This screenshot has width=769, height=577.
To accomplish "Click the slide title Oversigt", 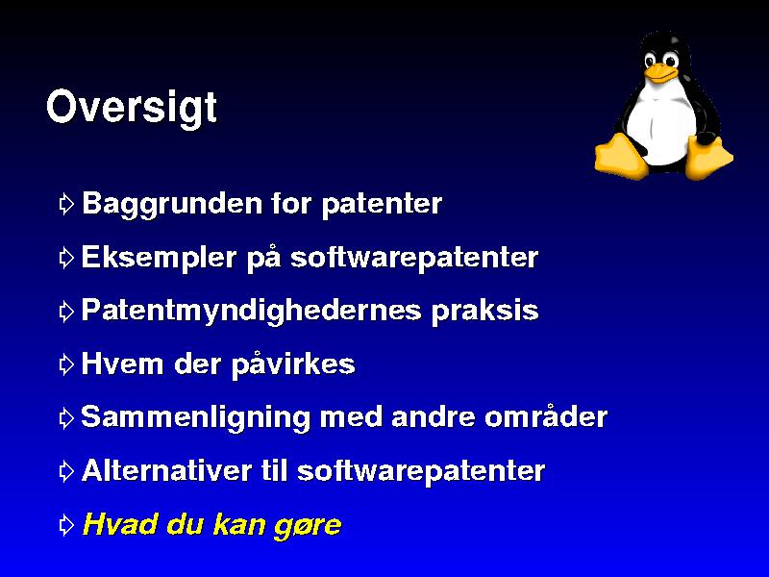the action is pyautogui.click(x=132, y=108).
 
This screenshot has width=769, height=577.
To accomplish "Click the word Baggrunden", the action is pyautogui.click(x=172, y=204).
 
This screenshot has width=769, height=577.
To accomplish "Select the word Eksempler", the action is pyautogui.click(x=159, y=258).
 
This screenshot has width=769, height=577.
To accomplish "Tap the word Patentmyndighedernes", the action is pyautogui.click(x=251, y=311).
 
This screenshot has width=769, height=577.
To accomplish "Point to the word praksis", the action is pyautogui.click(x=485, y=311).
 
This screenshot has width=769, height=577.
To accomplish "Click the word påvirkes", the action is pyautogui.click(x=293, y=364).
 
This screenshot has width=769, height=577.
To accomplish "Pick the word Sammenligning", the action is pyautogui.click(x=195, y=417).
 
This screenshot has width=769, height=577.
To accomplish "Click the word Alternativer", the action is pyautogui.click(x=166, y=470).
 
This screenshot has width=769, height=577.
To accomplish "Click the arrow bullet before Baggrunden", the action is pyautogui.click(x=66, y=204).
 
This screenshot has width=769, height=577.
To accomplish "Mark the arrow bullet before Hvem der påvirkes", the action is pyautogui.click(x=66, y=364).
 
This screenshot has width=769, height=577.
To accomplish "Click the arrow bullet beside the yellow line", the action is pyautogui.click(x=66, y=525).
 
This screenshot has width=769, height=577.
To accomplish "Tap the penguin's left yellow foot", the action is pyautogui.click(x=620, y=156).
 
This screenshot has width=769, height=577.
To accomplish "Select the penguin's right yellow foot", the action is pyautogui.click(x=708, y=157).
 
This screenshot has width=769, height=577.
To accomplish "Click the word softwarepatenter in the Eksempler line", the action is pyautogui.click(x=414, y=258).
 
